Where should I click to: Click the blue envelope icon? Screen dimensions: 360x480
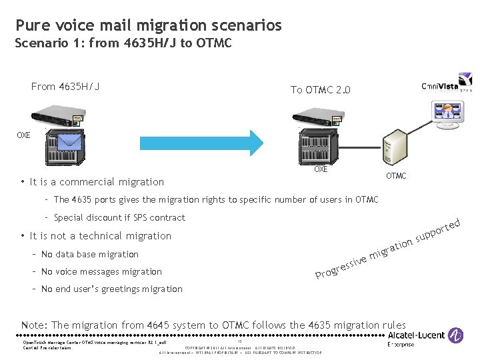pos(69,143)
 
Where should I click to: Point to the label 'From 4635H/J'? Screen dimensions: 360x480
pos(65,86)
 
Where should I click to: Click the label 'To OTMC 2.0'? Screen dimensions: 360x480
pos(320,90)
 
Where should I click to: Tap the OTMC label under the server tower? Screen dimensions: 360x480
pos(396,176)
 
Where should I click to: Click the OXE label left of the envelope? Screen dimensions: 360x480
pos(23,135)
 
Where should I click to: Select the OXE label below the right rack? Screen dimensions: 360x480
pos(321,169)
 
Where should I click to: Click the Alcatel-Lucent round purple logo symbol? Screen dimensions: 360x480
pos(456,335)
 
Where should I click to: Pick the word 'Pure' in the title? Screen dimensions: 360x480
pos(30,26)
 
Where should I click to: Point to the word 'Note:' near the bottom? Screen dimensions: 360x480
pos(35,325)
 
